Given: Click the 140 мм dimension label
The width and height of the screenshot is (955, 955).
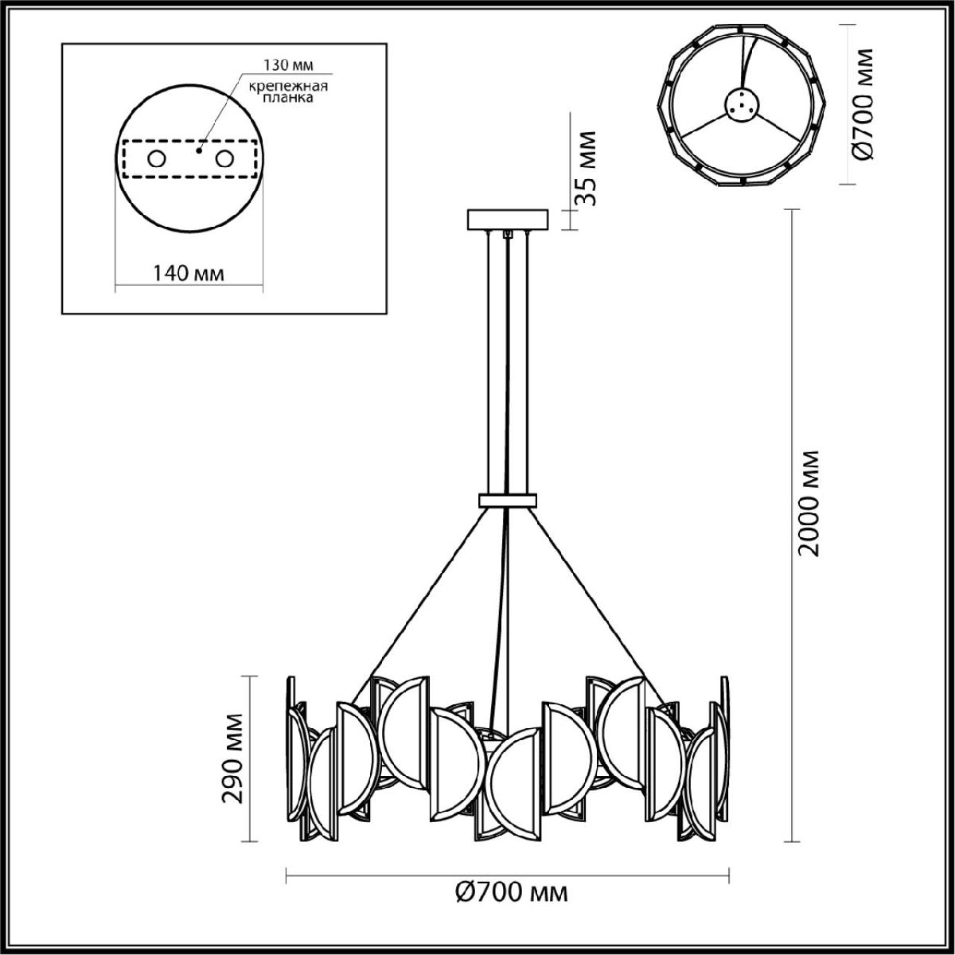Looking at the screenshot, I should coord(188,274).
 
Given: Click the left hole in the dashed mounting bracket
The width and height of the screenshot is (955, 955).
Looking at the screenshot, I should coord(156,159).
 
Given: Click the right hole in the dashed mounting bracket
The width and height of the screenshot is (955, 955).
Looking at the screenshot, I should coord(226,159).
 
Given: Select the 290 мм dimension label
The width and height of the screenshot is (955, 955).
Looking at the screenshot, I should coord(233,758).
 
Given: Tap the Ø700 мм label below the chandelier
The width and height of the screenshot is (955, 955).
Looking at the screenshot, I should coord(512,893).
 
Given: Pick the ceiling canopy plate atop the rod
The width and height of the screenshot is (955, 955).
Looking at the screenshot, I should coord(508,219).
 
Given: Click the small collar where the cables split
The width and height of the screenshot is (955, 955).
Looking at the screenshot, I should coord(508,501).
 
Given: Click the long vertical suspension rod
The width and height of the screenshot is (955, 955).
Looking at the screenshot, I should coord(508,358).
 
